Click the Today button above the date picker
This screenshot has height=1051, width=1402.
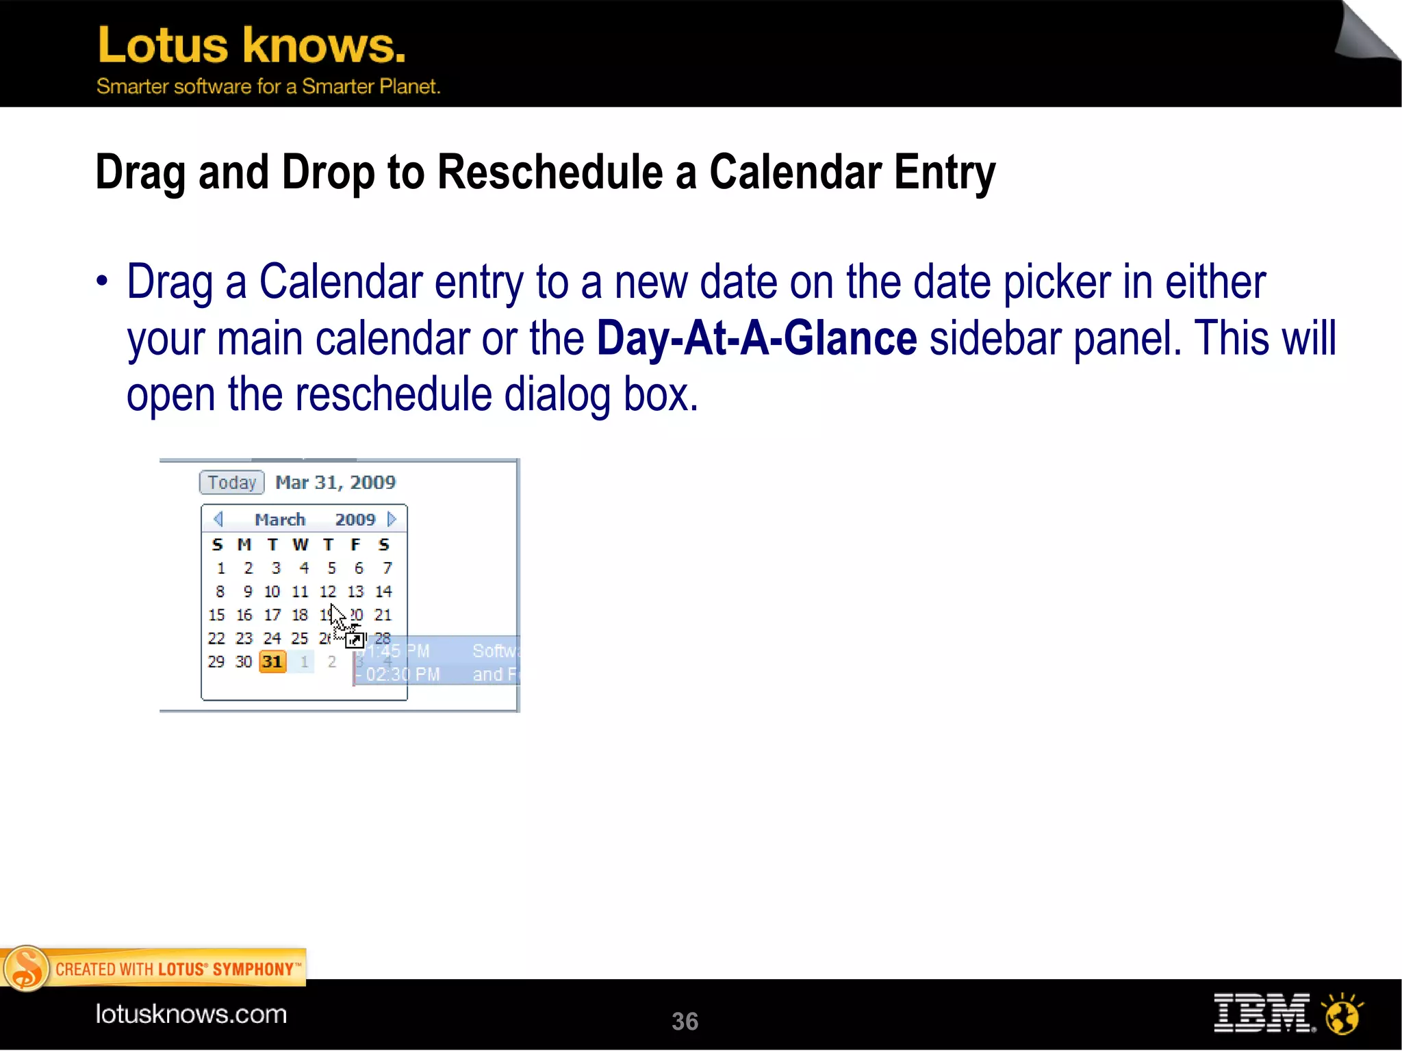click(x=231, y=483)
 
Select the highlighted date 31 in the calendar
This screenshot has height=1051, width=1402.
click(x=272, y=661)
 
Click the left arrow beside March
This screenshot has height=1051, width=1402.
click(x=218, y=519)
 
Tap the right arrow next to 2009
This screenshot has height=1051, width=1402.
click(x=392, y=519)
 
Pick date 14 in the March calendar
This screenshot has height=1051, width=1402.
click(x=383, y=591)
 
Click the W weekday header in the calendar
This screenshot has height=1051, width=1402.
click(x=300, y=544)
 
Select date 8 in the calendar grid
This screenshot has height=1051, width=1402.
click(x=220, y=591)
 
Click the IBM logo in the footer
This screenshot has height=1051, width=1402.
click(x=1263, y=1013)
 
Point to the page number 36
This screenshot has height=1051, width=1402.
click(x=685, y=1021)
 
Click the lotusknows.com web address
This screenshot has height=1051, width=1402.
click(x=191, y=1013)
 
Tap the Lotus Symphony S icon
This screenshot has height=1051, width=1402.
click(x=26, y=968)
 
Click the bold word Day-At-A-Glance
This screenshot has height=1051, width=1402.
click(x=756, y=338)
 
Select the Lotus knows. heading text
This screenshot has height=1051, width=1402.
click(x=251, y=45)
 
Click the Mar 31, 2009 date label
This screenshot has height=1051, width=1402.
click(x=335, y=482)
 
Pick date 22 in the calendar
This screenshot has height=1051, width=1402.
click(x=216, y=638)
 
